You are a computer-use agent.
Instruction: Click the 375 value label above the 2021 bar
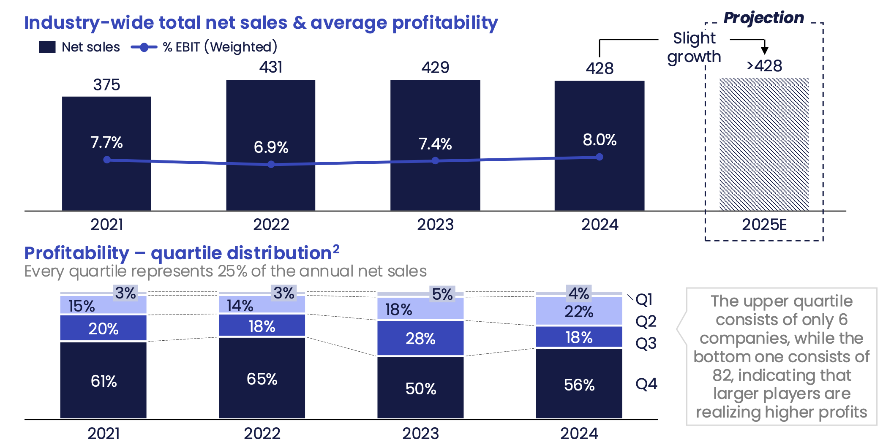click(x=106, y=85)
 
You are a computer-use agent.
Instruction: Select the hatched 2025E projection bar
click(x=764, y=144)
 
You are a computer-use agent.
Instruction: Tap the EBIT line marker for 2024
click(x=599, y=157)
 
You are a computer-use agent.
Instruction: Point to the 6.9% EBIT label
click(x=271, y=147)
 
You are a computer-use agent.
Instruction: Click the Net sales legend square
click(x=47, y=47)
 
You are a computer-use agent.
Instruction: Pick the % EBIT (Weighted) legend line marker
click(x=144, y=47)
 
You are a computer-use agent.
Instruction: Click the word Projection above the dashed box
click(x=763, y=18)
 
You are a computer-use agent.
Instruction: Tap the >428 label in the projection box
click(x=764, y=66)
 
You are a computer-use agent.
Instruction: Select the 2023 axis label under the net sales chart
click(x=435, y=225)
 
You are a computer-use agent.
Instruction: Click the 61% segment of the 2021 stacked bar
click(x=104, y=380)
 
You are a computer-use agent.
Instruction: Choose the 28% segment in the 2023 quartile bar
click(x=420, y=338)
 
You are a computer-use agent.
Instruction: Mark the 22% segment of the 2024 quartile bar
click(x=579, y=312)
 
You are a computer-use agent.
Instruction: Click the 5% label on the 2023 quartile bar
click(x=442, y=294)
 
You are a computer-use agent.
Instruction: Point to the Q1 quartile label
click(x=644, y=300)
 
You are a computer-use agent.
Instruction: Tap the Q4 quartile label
click(x=646, y=384)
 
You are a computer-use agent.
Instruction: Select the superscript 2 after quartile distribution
click(x=336, y=249)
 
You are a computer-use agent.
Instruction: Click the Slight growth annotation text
click(x=694, y=47)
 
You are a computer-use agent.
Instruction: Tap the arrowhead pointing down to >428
click(x=764, y=50)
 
